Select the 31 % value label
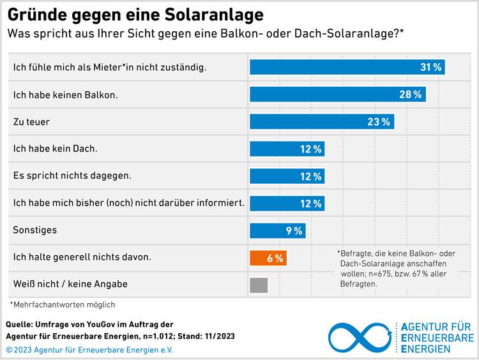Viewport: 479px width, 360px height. click(431, 67)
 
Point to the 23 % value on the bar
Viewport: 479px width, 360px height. click(379, 122)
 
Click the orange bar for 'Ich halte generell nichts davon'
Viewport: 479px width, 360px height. click(267, 258)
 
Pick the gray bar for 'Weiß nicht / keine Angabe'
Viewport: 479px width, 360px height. click(259, 285)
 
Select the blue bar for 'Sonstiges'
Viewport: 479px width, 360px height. click(277, 231)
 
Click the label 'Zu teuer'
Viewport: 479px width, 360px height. click(31, 121)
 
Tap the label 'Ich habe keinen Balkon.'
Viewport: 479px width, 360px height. click(66, 94)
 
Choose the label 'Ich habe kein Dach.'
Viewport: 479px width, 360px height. click(56, 149)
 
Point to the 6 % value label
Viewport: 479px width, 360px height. click(275, 259)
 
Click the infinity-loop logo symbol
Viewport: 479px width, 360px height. click(360, 338)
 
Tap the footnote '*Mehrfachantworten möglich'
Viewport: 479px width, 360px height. click(63, 305)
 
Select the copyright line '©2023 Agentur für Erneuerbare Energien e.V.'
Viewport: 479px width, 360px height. click(89, 350)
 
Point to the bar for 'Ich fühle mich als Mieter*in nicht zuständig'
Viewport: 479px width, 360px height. click(347, 67)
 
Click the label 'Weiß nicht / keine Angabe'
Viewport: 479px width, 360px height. click(70, 284)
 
